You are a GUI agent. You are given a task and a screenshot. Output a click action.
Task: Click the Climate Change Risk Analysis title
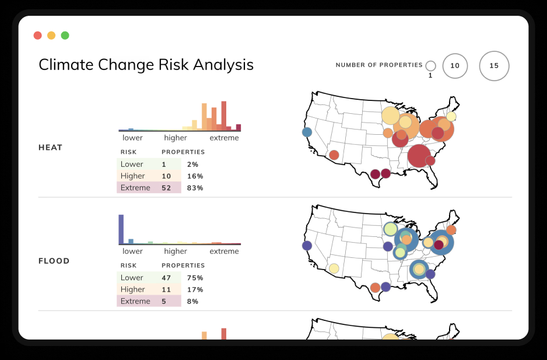tap(146, 65)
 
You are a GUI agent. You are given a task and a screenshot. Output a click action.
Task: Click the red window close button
tap(37, 36)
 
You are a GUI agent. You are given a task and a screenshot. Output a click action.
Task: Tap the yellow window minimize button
tap(51, 36)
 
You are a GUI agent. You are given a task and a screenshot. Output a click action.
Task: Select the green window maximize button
tap(65, 36)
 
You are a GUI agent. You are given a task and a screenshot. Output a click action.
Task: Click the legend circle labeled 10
tap(455, 66)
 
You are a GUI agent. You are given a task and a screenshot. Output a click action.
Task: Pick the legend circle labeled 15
tap(494, 66)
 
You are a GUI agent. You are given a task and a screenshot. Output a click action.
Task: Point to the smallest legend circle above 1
tap(430, 66)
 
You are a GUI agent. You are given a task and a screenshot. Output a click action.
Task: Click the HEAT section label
tap(50, 148)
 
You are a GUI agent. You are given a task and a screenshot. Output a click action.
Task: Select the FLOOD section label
tap(54, 261)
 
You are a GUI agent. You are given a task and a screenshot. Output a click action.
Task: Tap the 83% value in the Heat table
tap(195, 188)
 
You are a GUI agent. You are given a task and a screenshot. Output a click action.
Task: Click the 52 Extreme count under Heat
tap(166, 188)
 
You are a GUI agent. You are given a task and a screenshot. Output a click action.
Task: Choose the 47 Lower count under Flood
tap(166, 278)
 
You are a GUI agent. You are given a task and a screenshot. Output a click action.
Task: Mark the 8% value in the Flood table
tap(193, 301)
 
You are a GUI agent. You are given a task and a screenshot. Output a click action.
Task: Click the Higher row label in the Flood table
tap(132, 289)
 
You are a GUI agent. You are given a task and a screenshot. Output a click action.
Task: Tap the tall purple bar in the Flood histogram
tap(121, 229)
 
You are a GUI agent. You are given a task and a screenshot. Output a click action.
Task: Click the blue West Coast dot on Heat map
tap(307, 132)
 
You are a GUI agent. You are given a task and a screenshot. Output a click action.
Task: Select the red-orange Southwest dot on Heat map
tap(334, 155)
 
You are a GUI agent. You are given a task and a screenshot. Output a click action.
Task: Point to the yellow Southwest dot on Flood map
tap(334, 268)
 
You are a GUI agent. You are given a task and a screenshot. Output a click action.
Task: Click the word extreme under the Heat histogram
tap(224, 138)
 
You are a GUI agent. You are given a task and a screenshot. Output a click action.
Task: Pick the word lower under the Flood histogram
tap(132, 251)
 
